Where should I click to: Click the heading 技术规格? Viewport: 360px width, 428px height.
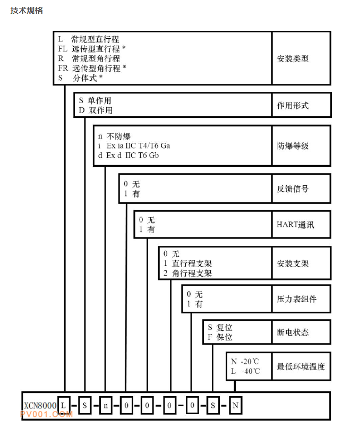point(27,11)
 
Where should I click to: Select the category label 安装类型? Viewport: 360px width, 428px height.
point(293,58)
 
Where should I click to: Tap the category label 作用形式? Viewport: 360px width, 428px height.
point(293,105)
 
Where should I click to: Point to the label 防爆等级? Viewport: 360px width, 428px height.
point(293,145)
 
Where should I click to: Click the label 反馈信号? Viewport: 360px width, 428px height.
point(293,189)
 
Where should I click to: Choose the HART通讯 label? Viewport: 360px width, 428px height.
point(295,225)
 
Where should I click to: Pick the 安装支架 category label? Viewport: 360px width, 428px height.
point(293,263)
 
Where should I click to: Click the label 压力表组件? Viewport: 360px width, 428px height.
point(297,299)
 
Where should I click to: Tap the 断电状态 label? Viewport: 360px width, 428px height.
point(293,332)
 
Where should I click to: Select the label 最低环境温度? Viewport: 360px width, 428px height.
point(301,366)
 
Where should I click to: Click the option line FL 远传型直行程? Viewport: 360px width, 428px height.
point(92,49)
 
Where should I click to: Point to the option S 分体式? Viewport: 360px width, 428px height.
point(80,78)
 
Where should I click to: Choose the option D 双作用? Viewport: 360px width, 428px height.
point(96,110)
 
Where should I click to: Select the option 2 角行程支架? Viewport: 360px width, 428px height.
point(188,273)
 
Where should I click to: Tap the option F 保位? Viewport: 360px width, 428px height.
point(220,337)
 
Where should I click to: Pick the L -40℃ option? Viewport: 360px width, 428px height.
point(245,371)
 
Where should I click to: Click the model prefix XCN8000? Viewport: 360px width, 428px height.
point(40,405)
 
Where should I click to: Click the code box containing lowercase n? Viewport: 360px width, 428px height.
point(106,406)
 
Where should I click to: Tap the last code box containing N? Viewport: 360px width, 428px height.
point(235,406)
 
